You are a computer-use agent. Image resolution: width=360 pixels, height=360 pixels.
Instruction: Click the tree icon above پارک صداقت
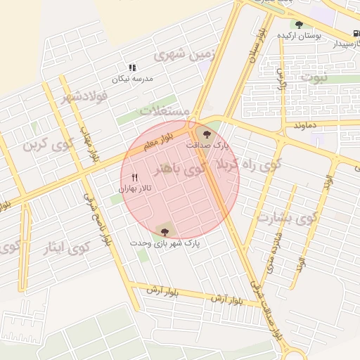pos(206,134)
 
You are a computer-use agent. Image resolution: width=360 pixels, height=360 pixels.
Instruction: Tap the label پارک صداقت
pos(207,145)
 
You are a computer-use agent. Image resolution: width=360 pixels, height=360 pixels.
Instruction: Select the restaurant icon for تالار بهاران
pos(134,178)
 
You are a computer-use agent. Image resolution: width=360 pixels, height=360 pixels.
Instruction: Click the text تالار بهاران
pos(135,188)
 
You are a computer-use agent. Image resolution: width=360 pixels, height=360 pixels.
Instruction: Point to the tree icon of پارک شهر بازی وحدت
pos(165,231)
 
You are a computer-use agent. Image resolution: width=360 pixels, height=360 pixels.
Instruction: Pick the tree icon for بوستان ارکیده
pos(299,25)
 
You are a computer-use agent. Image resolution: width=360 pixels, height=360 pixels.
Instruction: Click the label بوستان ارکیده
pos(300,35)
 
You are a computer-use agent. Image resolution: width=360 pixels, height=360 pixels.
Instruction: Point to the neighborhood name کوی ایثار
pos(70,247)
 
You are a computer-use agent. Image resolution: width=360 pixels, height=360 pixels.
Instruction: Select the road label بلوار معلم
pos(159,143)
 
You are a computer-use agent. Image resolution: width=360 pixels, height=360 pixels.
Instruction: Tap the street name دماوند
pos(308,124)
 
